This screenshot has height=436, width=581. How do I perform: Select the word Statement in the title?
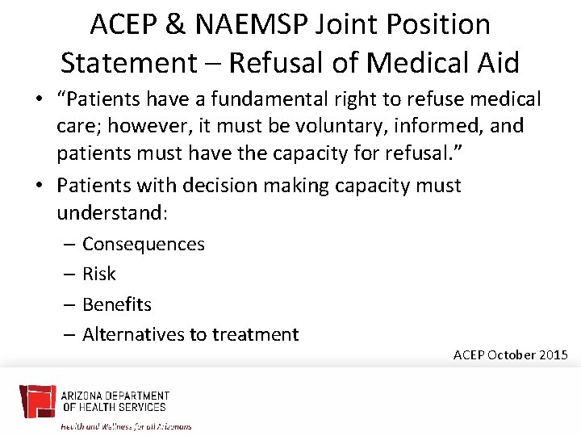pos(127,61)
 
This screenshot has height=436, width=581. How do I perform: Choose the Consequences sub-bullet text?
pos(144,244)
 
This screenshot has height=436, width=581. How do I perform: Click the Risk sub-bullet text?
pos(99,275)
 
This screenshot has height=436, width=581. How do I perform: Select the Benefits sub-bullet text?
pos(117,304)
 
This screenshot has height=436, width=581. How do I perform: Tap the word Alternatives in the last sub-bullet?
pos(134,334)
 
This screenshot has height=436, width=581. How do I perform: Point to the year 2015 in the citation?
pos(554,354)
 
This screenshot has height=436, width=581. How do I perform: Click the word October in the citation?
pos(512,354)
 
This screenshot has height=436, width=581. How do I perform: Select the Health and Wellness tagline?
pos(127,425)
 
